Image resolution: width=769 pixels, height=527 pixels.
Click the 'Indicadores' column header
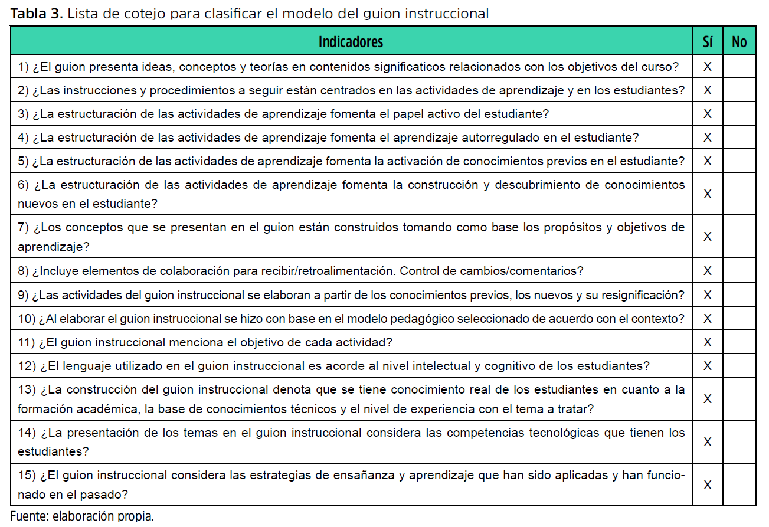pyautogui.click(x=351, y=42)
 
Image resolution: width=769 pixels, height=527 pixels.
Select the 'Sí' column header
pyautogui.click(x=707, y=42)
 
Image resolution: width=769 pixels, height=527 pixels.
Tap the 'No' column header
pyautogui.click(x=739, y=42)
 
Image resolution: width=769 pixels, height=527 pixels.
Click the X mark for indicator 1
pyautogui.click(x=707, y=67)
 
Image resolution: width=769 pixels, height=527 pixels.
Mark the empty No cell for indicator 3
pyautogui.click(x=739, y=114)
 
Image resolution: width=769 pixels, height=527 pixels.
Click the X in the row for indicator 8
pyautogui.click(x=707, y=271)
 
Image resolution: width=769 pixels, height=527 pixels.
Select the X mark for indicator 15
pyautogui.click(x=707, y=485)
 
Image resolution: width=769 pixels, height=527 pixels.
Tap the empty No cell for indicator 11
pyautogui.click(x=739, y=342)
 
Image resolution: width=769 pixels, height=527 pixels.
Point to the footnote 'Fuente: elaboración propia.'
pyautogui.click(x=82, y=516)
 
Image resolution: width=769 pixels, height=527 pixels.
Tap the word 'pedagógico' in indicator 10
pyautogui.click(x=424, y=319)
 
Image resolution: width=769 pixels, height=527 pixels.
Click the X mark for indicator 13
pyautogui.click(x=707, y=399)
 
